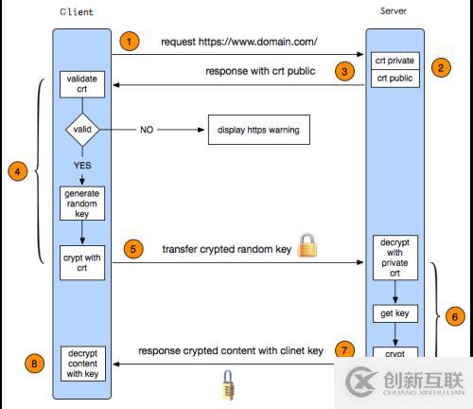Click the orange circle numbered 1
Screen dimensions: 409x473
pos(131,42)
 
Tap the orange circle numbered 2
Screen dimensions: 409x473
pos(441,68)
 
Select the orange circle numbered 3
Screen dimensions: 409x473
pos(346,71)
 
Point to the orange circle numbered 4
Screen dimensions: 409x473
pos(16,171)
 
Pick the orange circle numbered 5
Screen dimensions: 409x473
pos(133,250)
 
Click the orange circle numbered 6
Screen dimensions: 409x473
pos(454,317)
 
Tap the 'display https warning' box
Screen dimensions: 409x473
pos(259,130)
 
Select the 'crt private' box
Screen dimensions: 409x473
pos(395,61)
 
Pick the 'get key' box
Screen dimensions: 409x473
pos(395,311)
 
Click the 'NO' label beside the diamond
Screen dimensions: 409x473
pos(148,130)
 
